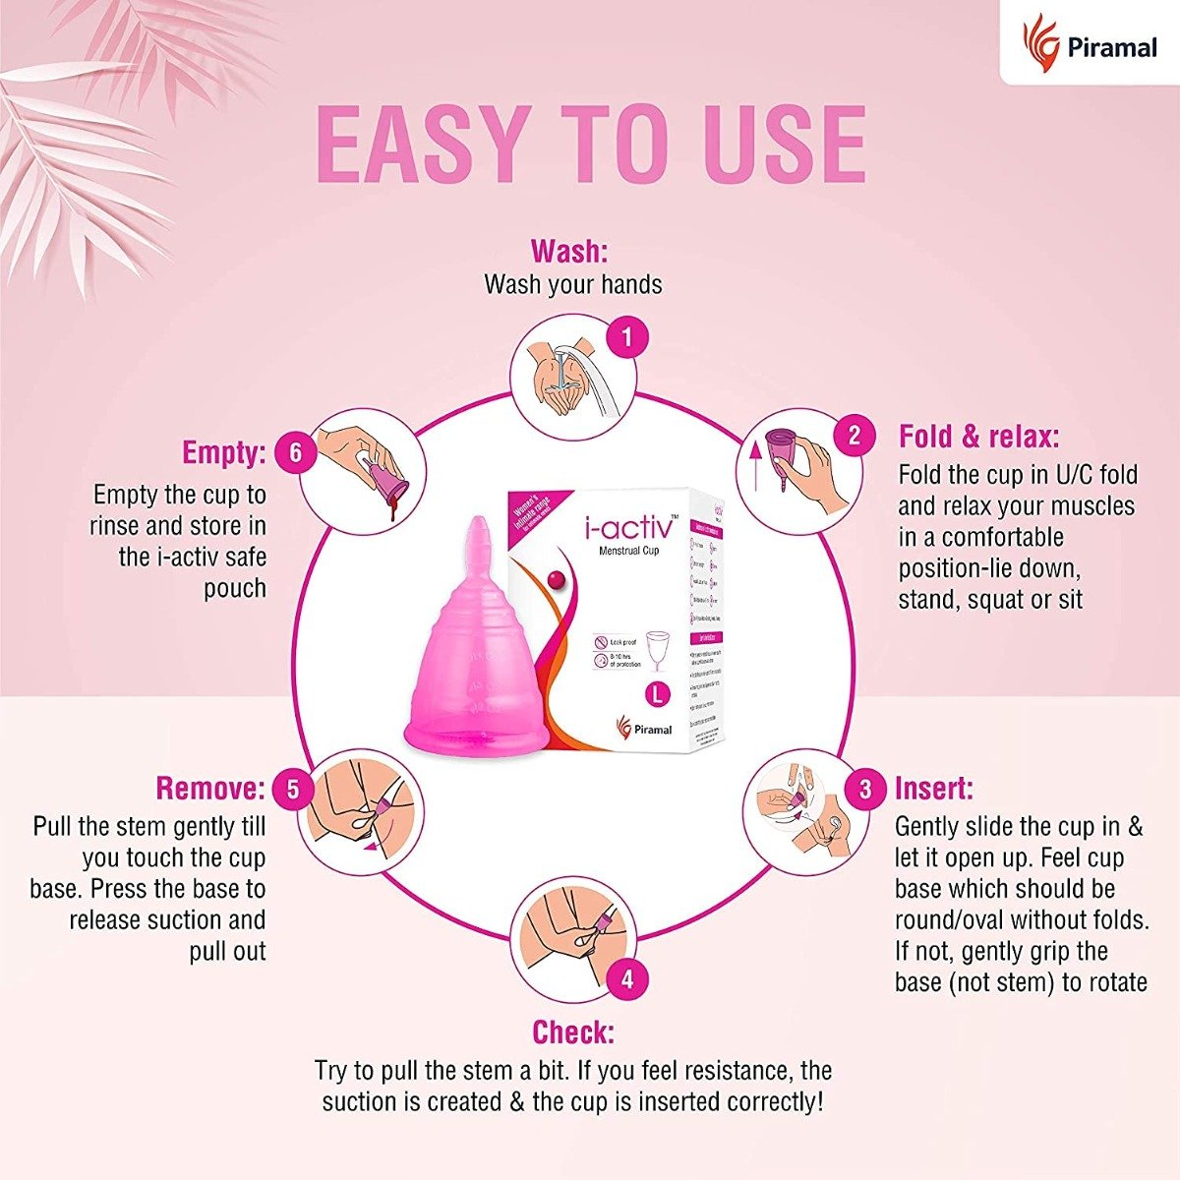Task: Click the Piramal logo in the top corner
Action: coord(1090,44)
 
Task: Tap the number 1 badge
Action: coord(626,338)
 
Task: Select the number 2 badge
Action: coord(854,436)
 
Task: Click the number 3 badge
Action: coord(865,790)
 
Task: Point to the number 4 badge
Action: coord(626,978)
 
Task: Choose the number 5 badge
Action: coord(293,790)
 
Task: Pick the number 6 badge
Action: coord(296,453)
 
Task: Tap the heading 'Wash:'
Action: coord(569,252)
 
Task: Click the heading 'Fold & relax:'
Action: coord(978,437)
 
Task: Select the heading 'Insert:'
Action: coord(933,789)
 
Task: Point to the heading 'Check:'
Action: coord(572,1032)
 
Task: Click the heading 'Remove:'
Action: coord(210,789)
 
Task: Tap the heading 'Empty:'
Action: coord(224,453)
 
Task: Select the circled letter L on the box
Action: coord(656,692)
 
